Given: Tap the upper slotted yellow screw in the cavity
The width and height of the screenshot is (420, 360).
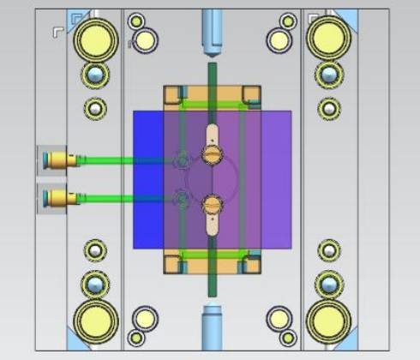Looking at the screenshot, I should pos(211,153).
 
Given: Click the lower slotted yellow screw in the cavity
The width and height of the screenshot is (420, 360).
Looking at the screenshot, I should pos(211,205).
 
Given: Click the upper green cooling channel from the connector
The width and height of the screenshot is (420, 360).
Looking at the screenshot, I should pos(120,159).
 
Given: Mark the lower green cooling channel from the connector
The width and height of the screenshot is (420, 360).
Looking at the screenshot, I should pos(120,199).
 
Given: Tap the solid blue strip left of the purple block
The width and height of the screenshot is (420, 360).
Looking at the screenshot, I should pos(148,180).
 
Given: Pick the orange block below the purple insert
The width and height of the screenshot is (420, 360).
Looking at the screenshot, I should pos(211,264).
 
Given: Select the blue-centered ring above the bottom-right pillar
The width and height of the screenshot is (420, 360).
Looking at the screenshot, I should pos(327,282).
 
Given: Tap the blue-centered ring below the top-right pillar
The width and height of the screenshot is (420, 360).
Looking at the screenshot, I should pos(327,75).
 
